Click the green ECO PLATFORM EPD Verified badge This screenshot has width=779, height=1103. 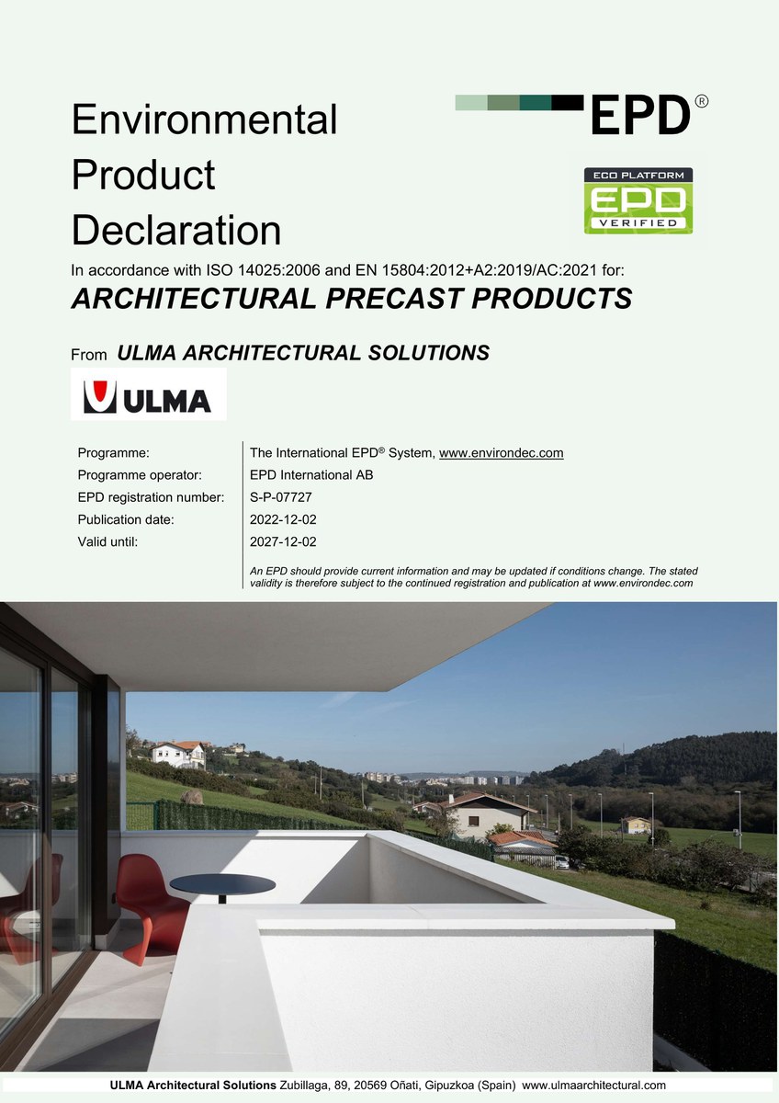(x=638, y=200)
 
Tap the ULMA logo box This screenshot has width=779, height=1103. (x=148, y=394)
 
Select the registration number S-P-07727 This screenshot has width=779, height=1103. (x=280, y=497)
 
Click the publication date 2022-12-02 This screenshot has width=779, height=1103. (x=283, y=519)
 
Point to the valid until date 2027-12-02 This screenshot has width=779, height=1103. (x=283, y=541)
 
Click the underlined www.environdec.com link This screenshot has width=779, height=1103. (x=501, y=453)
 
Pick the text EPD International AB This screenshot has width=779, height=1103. (x=311, y=475)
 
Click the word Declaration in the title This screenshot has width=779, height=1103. (x=176, y=230)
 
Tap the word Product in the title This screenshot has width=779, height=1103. (x=143, y=175)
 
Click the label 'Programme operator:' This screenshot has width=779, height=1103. (x=140, y=475)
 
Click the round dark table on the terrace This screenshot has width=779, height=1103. (x=222, y=885)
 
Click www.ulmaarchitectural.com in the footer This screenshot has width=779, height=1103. (x=593, y=1086)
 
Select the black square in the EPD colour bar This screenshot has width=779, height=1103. (x=568, y=102)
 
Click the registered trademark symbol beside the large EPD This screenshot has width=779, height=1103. (x=701, y=101)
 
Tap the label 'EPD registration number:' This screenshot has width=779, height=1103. (x=151, y=497)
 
